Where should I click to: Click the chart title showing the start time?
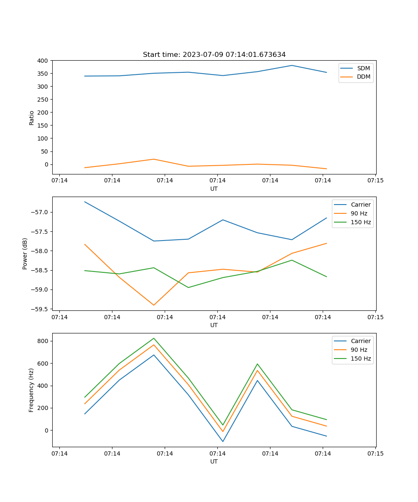click(x=214, y=55)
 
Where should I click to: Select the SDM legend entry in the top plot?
click(x=363, y=68)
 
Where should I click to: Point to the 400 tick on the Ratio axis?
click(x=43, y=61)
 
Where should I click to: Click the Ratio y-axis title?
click(x=32, y=118)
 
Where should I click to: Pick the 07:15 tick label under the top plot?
click(x=375, y=181)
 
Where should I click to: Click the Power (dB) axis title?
click(x=25, y=254)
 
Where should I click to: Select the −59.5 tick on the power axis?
click(x=41, y=309)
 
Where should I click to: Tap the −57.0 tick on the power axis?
click(x=41, y=212)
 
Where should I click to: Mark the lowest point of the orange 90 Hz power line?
click(x=154, y=305)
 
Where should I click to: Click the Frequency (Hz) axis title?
click(x=31, y=390)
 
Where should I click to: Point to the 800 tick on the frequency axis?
click(x=43, y=341)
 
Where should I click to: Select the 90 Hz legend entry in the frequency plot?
click(x=359, y=350)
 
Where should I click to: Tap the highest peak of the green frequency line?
click(x=154, y=338)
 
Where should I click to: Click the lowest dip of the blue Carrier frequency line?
click(x=223, y=441)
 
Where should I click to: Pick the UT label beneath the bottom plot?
click(x=214, y=461)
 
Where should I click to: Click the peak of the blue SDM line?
click(x=292, y=65)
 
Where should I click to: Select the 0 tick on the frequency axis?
click(x=46, y=430)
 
